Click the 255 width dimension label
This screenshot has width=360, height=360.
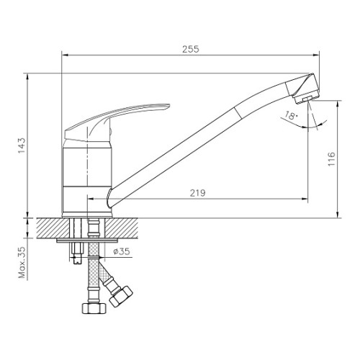tap(191, 49)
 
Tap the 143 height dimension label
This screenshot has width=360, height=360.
tap(22, 145)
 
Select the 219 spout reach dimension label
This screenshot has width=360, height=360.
tap(198, 193)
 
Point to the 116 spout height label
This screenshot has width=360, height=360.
tap(331, 159)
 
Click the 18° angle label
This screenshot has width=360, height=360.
tap(291, 115)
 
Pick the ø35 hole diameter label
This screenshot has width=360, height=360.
tap(122, 251)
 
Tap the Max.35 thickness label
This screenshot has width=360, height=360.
tap(22, 263)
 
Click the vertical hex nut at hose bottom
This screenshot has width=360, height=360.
tap(94, 308)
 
